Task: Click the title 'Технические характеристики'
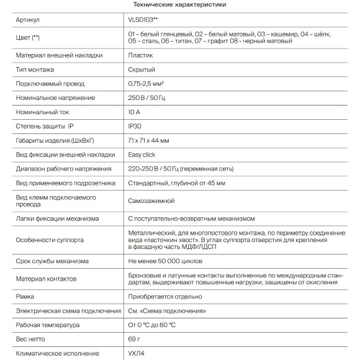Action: tap(179, 5)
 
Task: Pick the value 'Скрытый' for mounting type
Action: tap(142, 70)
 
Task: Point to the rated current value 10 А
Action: tap(135, 112)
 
